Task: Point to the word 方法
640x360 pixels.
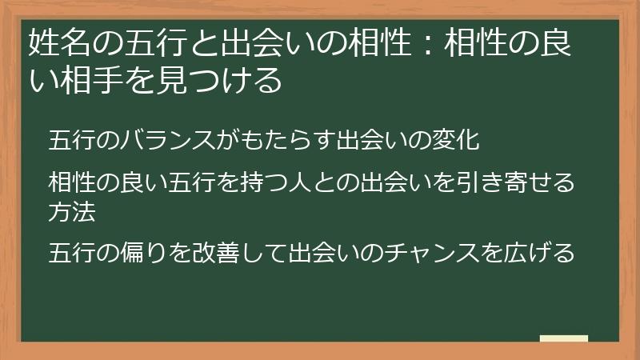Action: click(x=71, y=212)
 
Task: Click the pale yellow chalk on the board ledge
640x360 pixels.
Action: click(x=564, y=338)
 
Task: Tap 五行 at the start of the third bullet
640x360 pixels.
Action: click(x=71, y=252)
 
